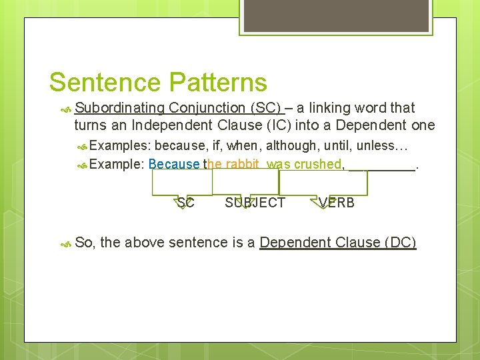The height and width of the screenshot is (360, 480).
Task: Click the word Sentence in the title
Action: tap(105, 83)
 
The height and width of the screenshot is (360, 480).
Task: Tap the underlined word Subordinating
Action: tap(119, 108)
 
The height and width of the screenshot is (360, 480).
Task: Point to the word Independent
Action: tap(172, 125)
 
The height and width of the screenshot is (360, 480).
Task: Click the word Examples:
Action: tap(120, 146)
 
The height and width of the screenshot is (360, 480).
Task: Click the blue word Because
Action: tap(174, 164)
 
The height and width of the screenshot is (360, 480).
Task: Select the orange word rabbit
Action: tap(241, 164)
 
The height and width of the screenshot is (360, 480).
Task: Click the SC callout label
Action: tap(185, 203)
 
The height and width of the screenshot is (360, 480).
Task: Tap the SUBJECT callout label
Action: tap(255, 203)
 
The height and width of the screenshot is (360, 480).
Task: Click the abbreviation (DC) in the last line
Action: tap(400, 243)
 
